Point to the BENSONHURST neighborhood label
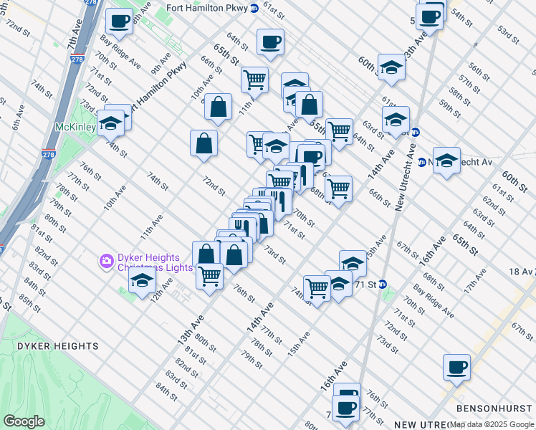pyautogui.click(x=495, y=408)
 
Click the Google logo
pyautogui.click(x=24, y=421)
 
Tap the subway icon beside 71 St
pyautogui.click(x=383, y=284)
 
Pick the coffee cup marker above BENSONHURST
pyautogui.click(x=456, y=367)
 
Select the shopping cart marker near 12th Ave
pyautogui.click(x=209, y=275)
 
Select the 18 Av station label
pyautogui.click(x=517, y=272)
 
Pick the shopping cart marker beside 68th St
pyautogui.click(x=338, y=189)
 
